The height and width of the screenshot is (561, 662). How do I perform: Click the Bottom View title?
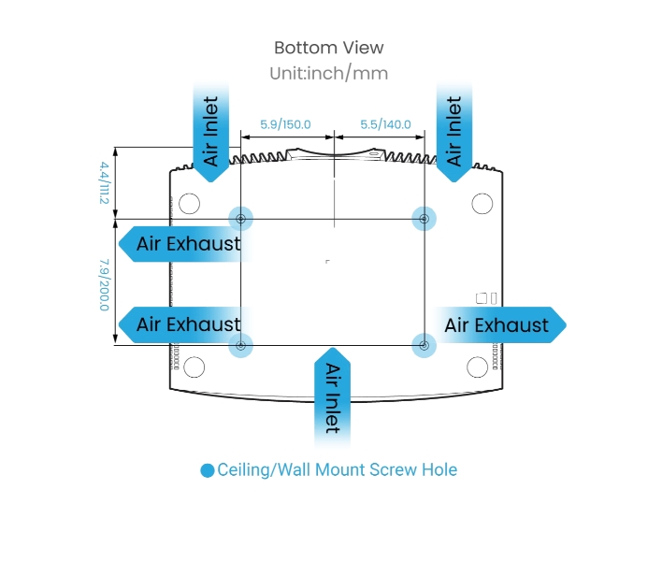click(x=328, y=48)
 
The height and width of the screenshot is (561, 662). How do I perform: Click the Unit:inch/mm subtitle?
click(x=328, y=72)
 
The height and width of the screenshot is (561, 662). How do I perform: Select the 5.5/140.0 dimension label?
click(x=385, y=123)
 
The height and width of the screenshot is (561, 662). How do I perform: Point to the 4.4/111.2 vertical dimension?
click(x=104, y=182)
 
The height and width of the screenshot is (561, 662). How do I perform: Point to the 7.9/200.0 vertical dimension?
click(x=104, y=285)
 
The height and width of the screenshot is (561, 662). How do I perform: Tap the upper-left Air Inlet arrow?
click(x=211, y=127)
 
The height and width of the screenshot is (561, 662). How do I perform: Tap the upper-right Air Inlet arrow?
click(x=453, y=127)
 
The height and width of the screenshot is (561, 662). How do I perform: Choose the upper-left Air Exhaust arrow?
click(x=181, y=244)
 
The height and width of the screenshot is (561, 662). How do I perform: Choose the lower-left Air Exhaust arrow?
click(x=181, y=324)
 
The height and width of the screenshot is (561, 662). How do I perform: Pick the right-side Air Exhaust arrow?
click(x=500, y=324)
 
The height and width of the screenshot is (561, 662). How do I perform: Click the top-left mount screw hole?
click(x=241, y=219)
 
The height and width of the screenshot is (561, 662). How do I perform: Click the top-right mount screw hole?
click(x=425, y=219)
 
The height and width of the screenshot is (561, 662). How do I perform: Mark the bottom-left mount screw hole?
click(x=241, y=346)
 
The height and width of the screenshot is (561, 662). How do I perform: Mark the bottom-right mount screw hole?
click(x=425, y=346)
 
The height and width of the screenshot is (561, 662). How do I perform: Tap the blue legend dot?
click(x=208, y=470)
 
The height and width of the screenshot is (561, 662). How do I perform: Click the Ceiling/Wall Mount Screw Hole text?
click(x=338, y=469)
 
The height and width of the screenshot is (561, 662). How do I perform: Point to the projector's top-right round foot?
click(x=482, y=202)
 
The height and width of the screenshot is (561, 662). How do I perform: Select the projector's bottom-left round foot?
click(x=194, y=367)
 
